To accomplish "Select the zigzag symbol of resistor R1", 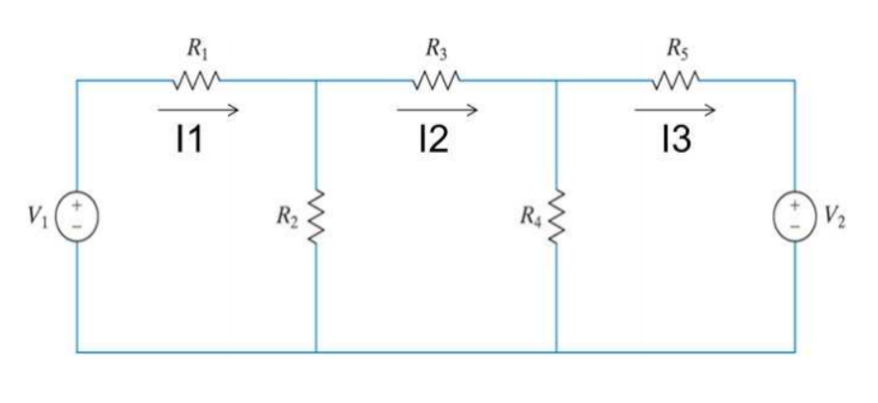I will click(x=197, y=78).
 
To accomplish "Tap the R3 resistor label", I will click(x=438, y=45).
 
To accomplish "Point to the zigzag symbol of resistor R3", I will click(x=438, y=78).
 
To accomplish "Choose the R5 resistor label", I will click(x=677, y=45).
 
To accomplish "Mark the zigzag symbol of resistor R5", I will click(x=677, y=78).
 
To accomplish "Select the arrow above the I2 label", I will click(x=437, y=110).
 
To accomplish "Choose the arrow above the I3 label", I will click(x=674, y=110).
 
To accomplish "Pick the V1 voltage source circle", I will click(x=77, y=213).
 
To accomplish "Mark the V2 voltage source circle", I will click(x=794, y=213).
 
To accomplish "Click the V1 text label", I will click(x=39, y=213).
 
